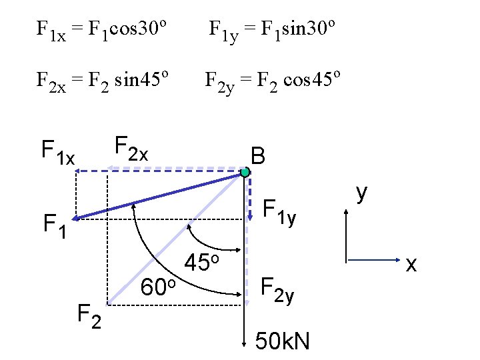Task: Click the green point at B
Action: pos(245,173)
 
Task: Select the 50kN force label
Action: pos(283,342)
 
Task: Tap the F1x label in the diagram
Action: pos(58,151)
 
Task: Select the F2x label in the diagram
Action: pos(131,148)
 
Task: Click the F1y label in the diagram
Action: pos(279,213)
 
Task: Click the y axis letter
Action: pos(362,193)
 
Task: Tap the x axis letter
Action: pos(411,265)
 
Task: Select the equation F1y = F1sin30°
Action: pos(272,30)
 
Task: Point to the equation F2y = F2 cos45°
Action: pos(273,81)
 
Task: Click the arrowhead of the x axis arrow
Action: pos(395,259)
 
